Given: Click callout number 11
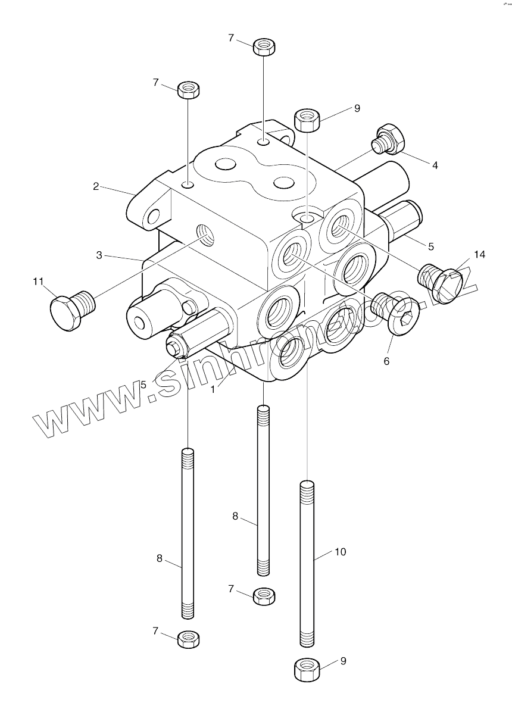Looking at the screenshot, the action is coord(38,282).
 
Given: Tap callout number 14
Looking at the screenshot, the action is coord(479,255).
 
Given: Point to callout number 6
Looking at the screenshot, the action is coord(386,361).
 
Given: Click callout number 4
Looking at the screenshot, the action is coord(435,165).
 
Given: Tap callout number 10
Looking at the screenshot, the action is coord(340,552).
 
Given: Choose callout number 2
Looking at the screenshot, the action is coord(95,186).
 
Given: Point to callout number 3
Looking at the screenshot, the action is coord(99,255).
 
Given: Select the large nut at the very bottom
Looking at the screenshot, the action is coord(307,668).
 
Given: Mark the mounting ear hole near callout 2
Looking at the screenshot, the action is coord(155,217).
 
